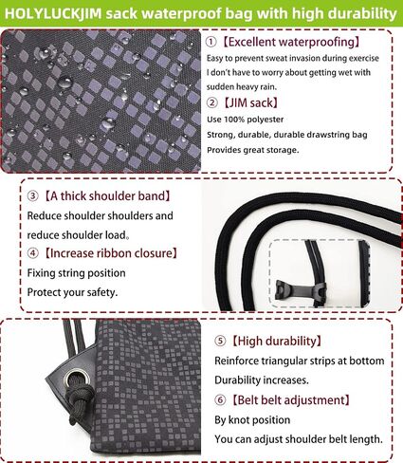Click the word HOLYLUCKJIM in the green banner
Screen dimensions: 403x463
[53, 14]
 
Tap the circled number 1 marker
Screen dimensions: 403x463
[211, 42]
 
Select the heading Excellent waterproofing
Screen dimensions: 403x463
[290, 42]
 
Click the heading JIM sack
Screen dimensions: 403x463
[251, 102]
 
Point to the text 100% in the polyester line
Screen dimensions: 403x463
[233, 120]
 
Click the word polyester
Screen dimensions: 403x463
[265, 120]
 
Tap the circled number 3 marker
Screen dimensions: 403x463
[32, 196]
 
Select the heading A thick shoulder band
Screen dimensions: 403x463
[107, 196]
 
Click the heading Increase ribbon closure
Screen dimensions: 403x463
[110, 253]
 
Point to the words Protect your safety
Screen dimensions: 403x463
[72, 292]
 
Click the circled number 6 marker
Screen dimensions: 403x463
[220, 400]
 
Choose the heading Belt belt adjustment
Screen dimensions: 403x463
[290, 400]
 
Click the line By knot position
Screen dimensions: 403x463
[252, 420]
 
